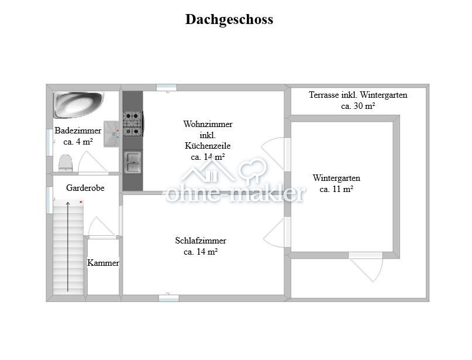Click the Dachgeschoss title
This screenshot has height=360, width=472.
coord(229,19)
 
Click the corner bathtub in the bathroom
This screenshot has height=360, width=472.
coord(77,104)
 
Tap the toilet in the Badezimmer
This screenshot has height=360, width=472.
coord(65,162)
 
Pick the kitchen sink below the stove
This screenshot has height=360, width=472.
coord(133,162)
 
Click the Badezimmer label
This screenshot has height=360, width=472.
coord(78,131)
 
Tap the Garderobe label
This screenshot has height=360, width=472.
coord(85,188)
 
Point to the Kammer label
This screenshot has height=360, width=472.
coord(103,263)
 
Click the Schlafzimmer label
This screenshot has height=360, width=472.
coord(201,241)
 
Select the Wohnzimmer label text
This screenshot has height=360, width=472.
coord(208,124)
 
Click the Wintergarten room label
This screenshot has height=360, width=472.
coord(336,178)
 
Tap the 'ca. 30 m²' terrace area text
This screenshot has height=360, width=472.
coord(357,107)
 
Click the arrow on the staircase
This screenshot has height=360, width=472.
coord(68,246)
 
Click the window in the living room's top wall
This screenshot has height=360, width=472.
coord(167,88)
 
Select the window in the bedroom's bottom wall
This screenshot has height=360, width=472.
coord(168,298)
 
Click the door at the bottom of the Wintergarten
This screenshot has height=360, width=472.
coord(366,266)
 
